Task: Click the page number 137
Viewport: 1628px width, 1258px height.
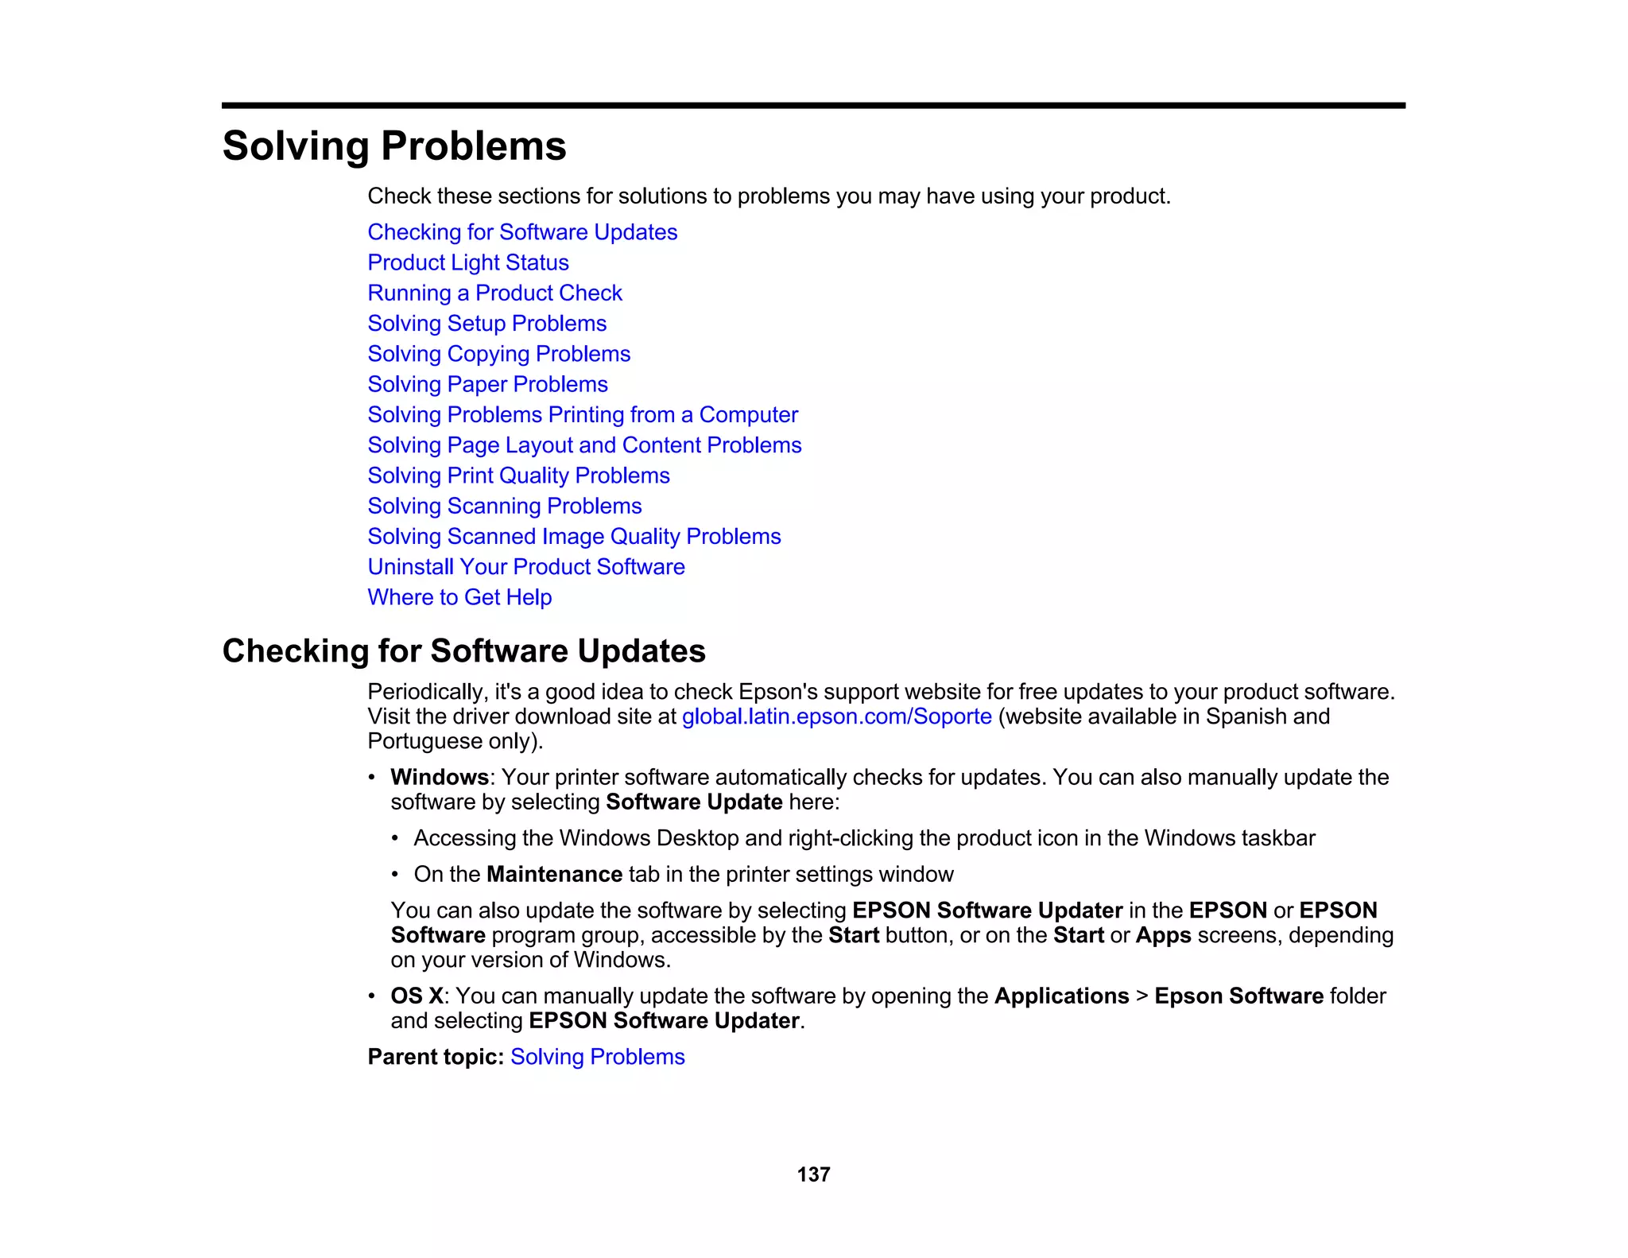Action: click(813, 1175)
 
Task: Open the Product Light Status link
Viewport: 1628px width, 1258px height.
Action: click(468, 262)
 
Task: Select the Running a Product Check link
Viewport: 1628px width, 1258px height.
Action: click(494, 293)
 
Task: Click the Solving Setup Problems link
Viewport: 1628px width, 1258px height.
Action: click(486, 324)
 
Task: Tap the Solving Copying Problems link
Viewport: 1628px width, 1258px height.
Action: click(498, 354)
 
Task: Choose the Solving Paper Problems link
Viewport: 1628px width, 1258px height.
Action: click(487, 384)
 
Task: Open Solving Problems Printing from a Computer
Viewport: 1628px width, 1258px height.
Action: click(582, 414)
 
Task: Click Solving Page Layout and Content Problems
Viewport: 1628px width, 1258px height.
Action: click(584, 445)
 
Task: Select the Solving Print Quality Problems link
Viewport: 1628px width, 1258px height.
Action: click(518, 476)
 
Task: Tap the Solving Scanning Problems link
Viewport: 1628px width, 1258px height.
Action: click(504, 506)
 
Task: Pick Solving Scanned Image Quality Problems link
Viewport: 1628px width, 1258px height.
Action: click(574, 537)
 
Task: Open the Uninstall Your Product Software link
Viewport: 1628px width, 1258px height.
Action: click(525, 567)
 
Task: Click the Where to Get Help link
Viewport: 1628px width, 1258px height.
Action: click(459, 597)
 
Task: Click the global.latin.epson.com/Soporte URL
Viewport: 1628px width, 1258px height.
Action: click(836, 716)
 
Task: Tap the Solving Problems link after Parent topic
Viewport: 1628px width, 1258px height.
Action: click(597, 1057)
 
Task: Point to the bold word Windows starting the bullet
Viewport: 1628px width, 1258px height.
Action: click(439, 777)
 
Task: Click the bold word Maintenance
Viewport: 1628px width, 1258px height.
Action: click(554, 874)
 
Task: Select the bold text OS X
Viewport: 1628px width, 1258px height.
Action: click(417, 996)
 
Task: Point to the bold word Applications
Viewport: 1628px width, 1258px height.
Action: click(1061, 996)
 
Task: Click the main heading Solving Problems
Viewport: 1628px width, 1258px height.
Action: click(394, 146)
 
